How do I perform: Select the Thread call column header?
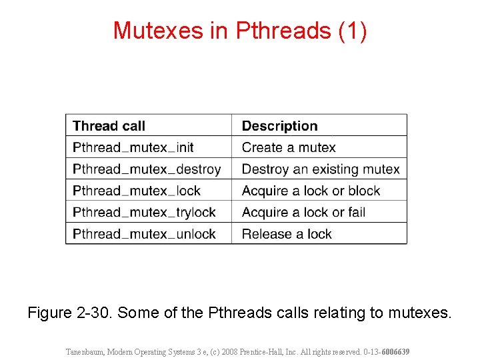109,126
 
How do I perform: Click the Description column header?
279,126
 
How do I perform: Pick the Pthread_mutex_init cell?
133,147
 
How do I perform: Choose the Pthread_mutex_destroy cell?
147,169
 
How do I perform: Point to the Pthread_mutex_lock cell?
137,191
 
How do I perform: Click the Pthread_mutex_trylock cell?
144,212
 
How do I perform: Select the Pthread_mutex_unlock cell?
144,234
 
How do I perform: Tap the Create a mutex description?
289,147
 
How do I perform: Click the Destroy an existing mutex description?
321,169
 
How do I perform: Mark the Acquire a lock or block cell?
311,191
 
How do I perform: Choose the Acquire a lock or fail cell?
303,212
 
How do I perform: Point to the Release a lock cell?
287,234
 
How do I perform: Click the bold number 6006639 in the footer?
395,351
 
